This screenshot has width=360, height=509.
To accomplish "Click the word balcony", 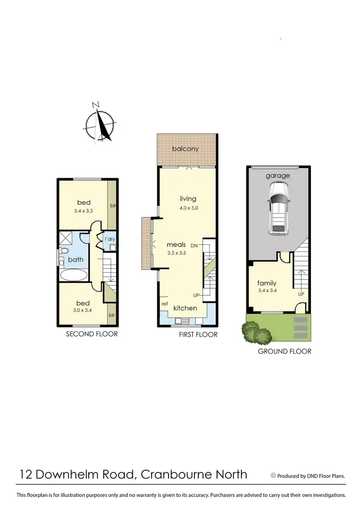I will click(186, 149).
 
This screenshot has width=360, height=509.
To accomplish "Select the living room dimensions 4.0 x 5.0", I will click(189, 208).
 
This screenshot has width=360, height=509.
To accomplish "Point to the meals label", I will click(176, 244).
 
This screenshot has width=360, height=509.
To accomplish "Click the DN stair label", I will click(194, 245).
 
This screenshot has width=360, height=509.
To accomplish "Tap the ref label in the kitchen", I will click(165, 303).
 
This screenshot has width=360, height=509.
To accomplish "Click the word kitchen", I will click(185, 308).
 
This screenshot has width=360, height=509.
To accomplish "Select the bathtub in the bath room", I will click(74, 275).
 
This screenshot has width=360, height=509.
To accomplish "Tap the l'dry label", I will click(109, 239).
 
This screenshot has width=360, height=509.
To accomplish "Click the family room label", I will click(267, 283).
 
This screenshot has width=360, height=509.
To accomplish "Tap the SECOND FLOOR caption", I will click(92, 334).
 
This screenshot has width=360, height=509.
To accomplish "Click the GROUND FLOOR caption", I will click(285, 351).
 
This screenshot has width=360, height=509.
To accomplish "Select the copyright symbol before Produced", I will click(274, 476).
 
